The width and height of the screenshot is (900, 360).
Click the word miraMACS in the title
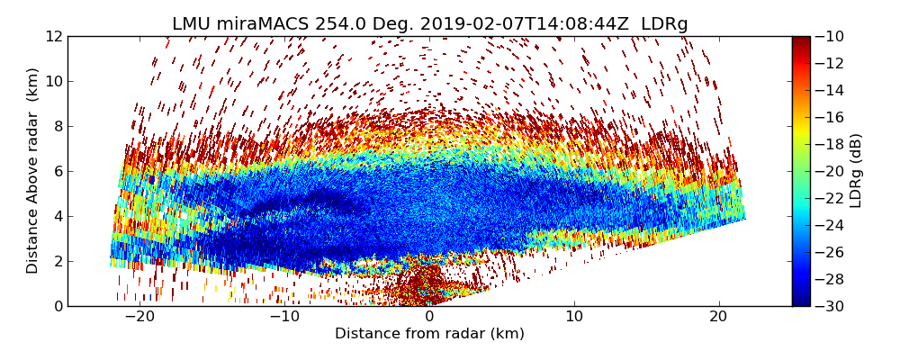click(x=261, y=24)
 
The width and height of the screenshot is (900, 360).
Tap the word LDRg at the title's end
click(x=664, y=24)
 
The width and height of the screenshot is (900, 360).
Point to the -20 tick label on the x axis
click(x=139, y=317)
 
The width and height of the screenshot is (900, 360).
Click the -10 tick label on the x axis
click(x=284, y=317)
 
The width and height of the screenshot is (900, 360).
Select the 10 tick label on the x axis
click(x=573, y=317)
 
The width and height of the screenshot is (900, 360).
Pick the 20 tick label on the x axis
click(x=718, y=317)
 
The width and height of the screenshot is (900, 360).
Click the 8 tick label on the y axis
click(x=57, y=126)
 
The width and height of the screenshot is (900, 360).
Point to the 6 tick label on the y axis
click(x=57, y=171)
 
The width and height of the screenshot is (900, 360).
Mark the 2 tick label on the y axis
click(x=57, y=261)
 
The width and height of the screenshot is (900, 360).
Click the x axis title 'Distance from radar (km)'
click(x=429, y=334)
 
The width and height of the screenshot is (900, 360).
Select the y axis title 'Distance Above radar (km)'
click(x=33, y=171)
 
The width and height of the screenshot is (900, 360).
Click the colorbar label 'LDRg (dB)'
click(x=856, y=171)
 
